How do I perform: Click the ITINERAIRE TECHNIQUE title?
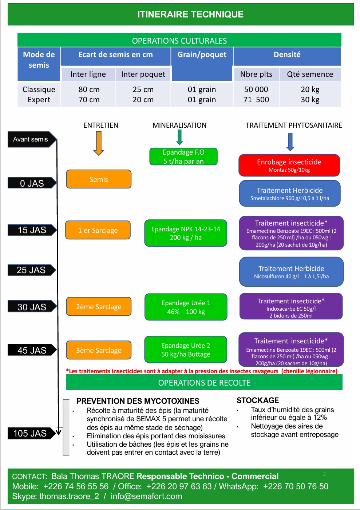190,14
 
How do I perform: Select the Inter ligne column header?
88,74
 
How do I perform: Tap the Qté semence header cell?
310,74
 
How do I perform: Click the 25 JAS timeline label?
32,270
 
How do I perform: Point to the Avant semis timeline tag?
32,139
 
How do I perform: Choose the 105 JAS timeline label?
31,433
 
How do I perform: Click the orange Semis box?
99,179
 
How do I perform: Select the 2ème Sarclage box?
99,306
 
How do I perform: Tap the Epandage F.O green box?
183,157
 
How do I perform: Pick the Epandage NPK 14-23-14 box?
186,233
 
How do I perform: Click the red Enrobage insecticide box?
289,165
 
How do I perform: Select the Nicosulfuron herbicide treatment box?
291,272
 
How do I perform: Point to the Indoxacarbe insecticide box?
291,306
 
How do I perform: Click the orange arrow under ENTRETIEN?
99,143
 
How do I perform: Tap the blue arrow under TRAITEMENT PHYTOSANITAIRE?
290,142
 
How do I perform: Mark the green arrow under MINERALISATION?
179,137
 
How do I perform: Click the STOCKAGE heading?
258,400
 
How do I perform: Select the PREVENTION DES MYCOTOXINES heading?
138,401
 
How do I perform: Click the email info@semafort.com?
146,496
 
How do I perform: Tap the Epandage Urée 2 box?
186,350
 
